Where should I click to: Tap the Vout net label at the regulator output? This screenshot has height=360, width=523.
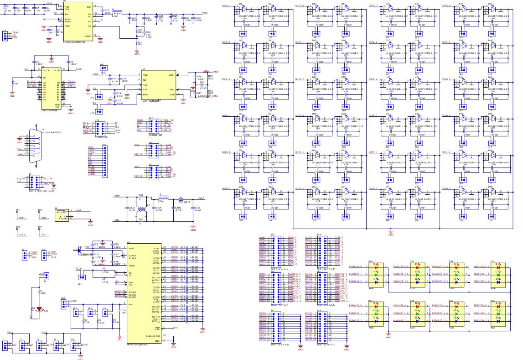(x=205, y=14)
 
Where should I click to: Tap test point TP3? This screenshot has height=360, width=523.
(x=18, y=228)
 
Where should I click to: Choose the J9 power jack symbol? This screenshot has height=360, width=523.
(x=62, y=214)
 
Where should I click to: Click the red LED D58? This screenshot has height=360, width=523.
(x=39, y=309)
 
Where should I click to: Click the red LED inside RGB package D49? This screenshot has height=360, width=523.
(x=376, y=267)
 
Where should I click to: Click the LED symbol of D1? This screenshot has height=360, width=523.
(x=243, y=9)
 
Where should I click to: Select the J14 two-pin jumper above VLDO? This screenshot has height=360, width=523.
(x=104, y=68)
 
